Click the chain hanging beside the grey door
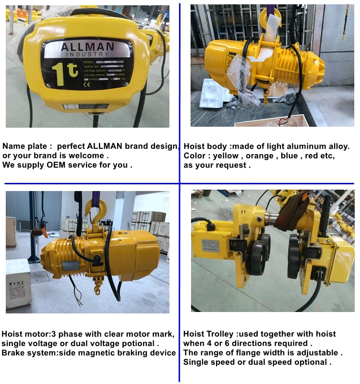click(345, 22)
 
